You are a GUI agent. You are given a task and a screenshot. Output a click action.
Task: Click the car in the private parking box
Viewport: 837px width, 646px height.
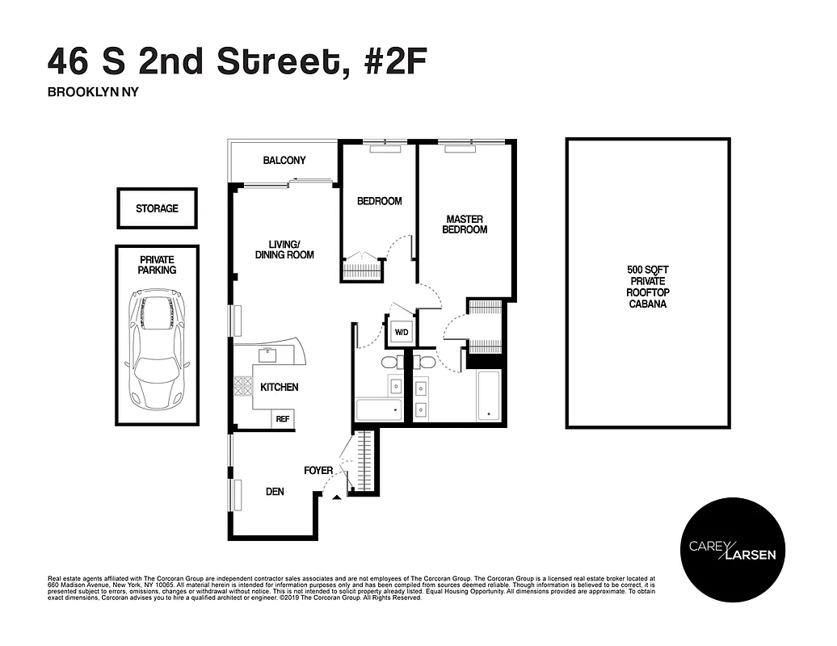point(157,351)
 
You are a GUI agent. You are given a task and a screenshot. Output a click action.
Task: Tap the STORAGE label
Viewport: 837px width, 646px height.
point(157,208)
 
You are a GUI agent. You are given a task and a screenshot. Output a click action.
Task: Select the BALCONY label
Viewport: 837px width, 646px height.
point(284,161)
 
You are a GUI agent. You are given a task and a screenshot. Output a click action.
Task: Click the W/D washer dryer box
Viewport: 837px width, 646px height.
point(401,333)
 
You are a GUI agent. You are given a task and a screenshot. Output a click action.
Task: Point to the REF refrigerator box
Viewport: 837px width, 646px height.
point(283,419)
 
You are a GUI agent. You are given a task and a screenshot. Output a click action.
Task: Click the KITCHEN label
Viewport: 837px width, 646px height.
point(280,388)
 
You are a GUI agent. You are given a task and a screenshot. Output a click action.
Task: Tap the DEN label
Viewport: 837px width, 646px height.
point(275,491)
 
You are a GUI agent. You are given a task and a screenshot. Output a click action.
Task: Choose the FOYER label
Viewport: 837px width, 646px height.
point(318,470)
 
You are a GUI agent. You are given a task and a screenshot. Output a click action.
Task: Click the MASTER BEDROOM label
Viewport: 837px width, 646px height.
point(465,224)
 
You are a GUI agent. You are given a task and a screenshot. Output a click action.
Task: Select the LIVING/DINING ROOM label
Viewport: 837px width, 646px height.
point(284,249)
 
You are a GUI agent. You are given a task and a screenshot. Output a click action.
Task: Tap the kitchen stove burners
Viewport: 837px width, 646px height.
point(243,387)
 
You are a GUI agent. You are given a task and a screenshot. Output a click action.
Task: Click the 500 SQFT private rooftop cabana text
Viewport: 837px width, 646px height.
point(648,287)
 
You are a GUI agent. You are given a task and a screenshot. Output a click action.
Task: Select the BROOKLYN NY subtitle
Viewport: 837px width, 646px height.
point(94,92)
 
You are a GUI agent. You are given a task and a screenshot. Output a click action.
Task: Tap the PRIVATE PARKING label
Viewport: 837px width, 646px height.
point(157,265)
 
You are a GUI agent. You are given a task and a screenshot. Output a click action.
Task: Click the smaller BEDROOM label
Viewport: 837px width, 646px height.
point(379,201)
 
